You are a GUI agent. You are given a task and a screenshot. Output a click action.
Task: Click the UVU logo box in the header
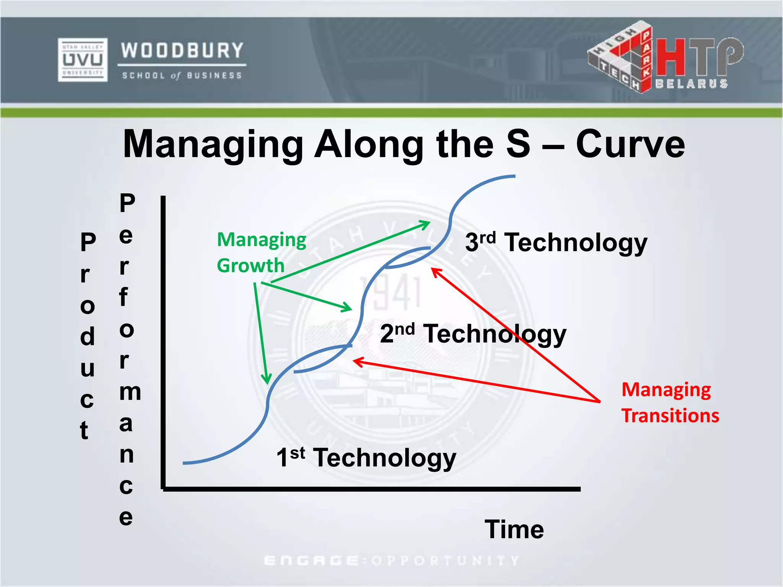pyautogui.click(x=83, y=60)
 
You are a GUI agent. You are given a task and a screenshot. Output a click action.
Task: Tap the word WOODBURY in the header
pyautogui.click(x=182, y=50)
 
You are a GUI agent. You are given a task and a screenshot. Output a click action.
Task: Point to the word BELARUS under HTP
pyautogui.click(x=691, y=84)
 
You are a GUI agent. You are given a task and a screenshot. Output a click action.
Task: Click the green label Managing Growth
pyautogui.click(x=262, y=252)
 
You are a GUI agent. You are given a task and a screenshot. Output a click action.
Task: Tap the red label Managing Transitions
pyautogui.click(x=670, y=402)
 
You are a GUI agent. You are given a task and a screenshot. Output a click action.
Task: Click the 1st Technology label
pyautogui.click(x=366, y=457)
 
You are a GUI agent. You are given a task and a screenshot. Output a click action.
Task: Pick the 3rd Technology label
pyautogui.click(x=556, y=242)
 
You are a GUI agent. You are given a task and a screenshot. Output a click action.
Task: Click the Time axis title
pyautogui.click(x=514, y=529)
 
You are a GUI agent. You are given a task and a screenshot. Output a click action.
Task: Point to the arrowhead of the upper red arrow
pyautogui.click(x=434, y=270)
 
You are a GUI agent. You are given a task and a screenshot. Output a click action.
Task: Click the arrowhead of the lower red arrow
pyautogui.click(x=356, y=361)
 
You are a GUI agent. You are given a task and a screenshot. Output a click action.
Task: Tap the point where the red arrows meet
pyautogui.click(x=600, y=402)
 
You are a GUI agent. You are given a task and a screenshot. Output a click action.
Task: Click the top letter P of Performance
pyautogui.click(x=127, y=203)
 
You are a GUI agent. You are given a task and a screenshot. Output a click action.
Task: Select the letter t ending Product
pyautogui.click(x=84, y=431)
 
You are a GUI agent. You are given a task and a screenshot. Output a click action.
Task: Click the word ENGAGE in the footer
pyautogui.click(x=311, y=561)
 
